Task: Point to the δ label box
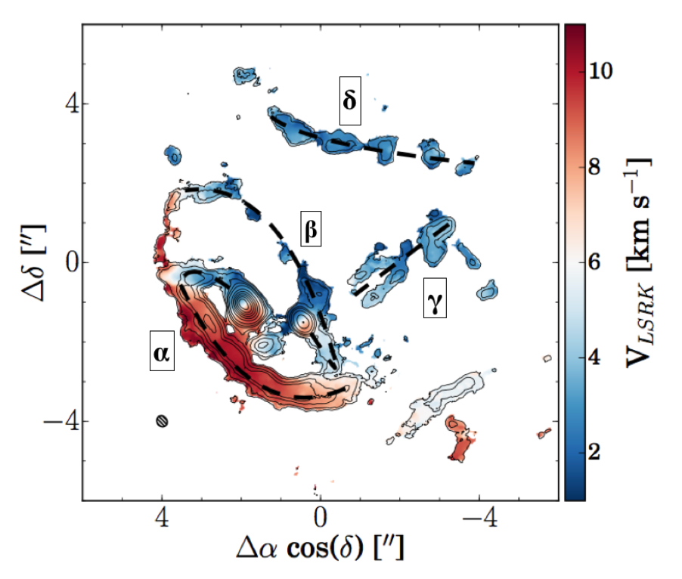tap(349, 100)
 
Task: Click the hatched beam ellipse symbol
tap(162, 422)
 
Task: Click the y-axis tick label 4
tap(64, 104)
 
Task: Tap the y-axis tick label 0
tap(64, 262)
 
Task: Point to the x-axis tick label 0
tap(321, 520)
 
